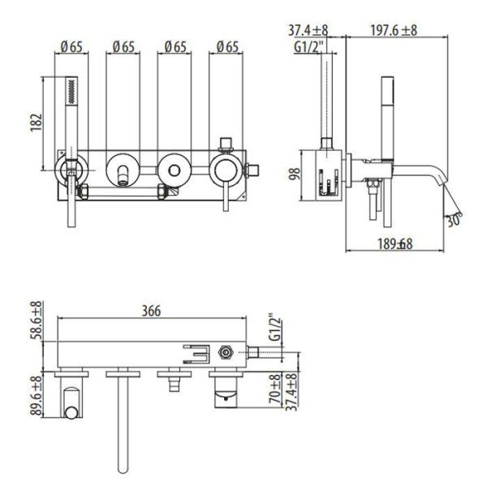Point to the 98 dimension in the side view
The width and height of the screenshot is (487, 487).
296,173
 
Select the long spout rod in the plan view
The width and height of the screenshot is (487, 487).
123,422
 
